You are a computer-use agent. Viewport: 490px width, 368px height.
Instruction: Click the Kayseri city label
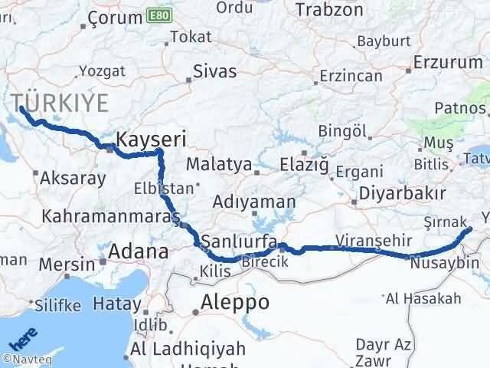pyautogui.click(x=150, y=140)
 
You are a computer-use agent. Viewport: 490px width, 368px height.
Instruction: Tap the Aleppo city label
pyautogui.click(x=234, y=303)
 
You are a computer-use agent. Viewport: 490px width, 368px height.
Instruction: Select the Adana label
pyautogui.click(x=139, y=251)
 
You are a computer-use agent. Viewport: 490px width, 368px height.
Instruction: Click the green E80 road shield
pyautogui.click(x=160, y=15)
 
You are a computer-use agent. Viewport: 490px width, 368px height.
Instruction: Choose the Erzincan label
pyautogui.click(x=351, y=77)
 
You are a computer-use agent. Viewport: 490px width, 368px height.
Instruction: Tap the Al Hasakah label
pyautogui.click(x=423, y=298)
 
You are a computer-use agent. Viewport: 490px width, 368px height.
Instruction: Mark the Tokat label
pyautogui.click(x=191, y=36)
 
